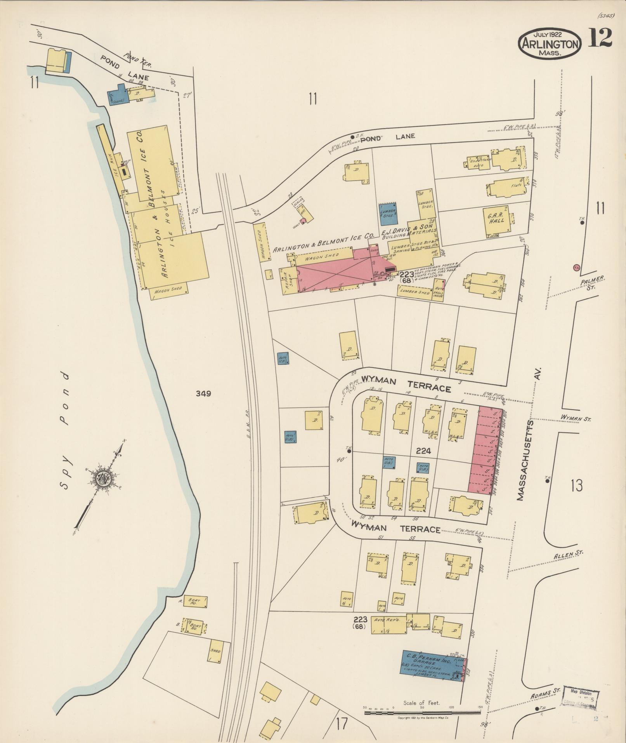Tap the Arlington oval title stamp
(x=550, y=44)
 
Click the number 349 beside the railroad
(x=203, y=394)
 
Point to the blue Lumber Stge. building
(x=388, y=213)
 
